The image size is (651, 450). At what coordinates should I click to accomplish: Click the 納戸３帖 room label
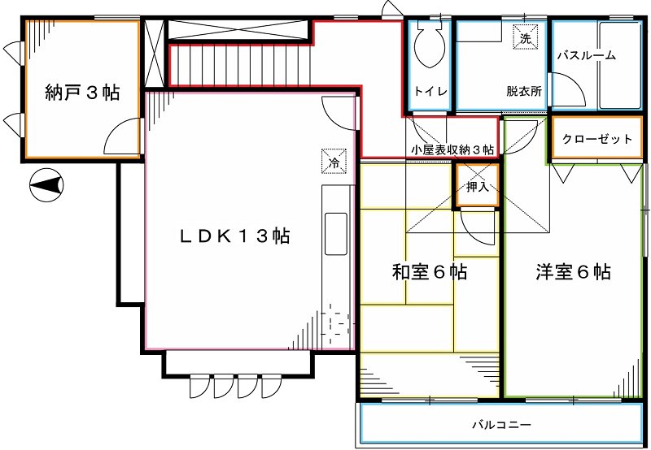[81, 93]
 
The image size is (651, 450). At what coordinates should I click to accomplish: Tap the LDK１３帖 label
[234, 236]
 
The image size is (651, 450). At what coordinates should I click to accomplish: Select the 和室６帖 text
[430, 272]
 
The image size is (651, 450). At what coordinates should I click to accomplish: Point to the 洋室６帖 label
[574, 272]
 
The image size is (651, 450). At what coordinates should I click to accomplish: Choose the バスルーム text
[586, 56]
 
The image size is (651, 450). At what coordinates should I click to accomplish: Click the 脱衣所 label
[523, 92]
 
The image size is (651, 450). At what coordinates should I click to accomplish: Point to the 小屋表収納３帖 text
[452, 149]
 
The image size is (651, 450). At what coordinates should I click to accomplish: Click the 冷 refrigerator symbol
[334, 161]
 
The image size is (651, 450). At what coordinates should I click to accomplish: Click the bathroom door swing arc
[562, 88]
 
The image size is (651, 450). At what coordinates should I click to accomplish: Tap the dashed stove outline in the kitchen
[335, 322]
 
